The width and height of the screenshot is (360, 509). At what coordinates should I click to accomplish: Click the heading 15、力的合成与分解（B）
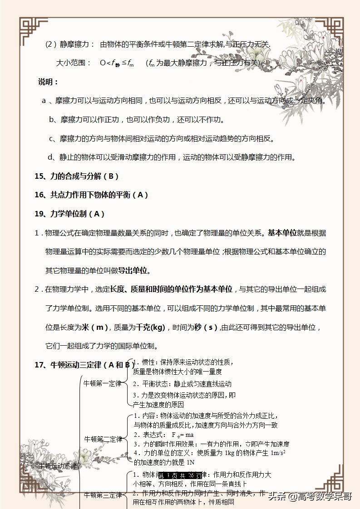point(76,176)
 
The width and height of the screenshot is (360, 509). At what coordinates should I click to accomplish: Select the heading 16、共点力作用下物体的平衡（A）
point(91,195)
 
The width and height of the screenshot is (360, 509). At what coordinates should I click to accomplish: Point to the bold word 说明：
point(48,82)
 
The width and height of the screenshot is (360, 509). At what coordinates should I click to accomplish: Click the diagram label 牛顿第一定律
point(103,383)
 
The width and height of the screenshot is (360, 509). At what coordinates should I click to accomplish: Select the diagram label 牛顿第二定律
point(104,439)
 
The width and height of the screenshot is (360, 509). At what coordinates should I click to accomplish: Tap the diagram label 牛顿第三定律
point(103,495)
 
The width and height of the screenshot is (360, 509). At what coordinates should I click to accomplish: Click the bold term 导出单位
point(133,271)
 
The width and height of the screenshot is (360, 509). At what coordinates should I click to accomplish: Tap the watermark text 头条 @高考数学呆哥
point(310,496)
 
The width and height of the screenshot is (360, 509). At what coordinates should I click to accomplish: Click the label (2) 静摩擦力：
point(70,44)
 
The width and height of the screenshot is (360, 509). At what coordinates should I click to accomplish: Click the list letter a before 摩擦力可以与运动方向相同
point(44,101)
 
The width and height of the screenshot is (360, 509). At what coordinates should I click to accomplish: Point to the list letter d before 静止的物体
point(50,157)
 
